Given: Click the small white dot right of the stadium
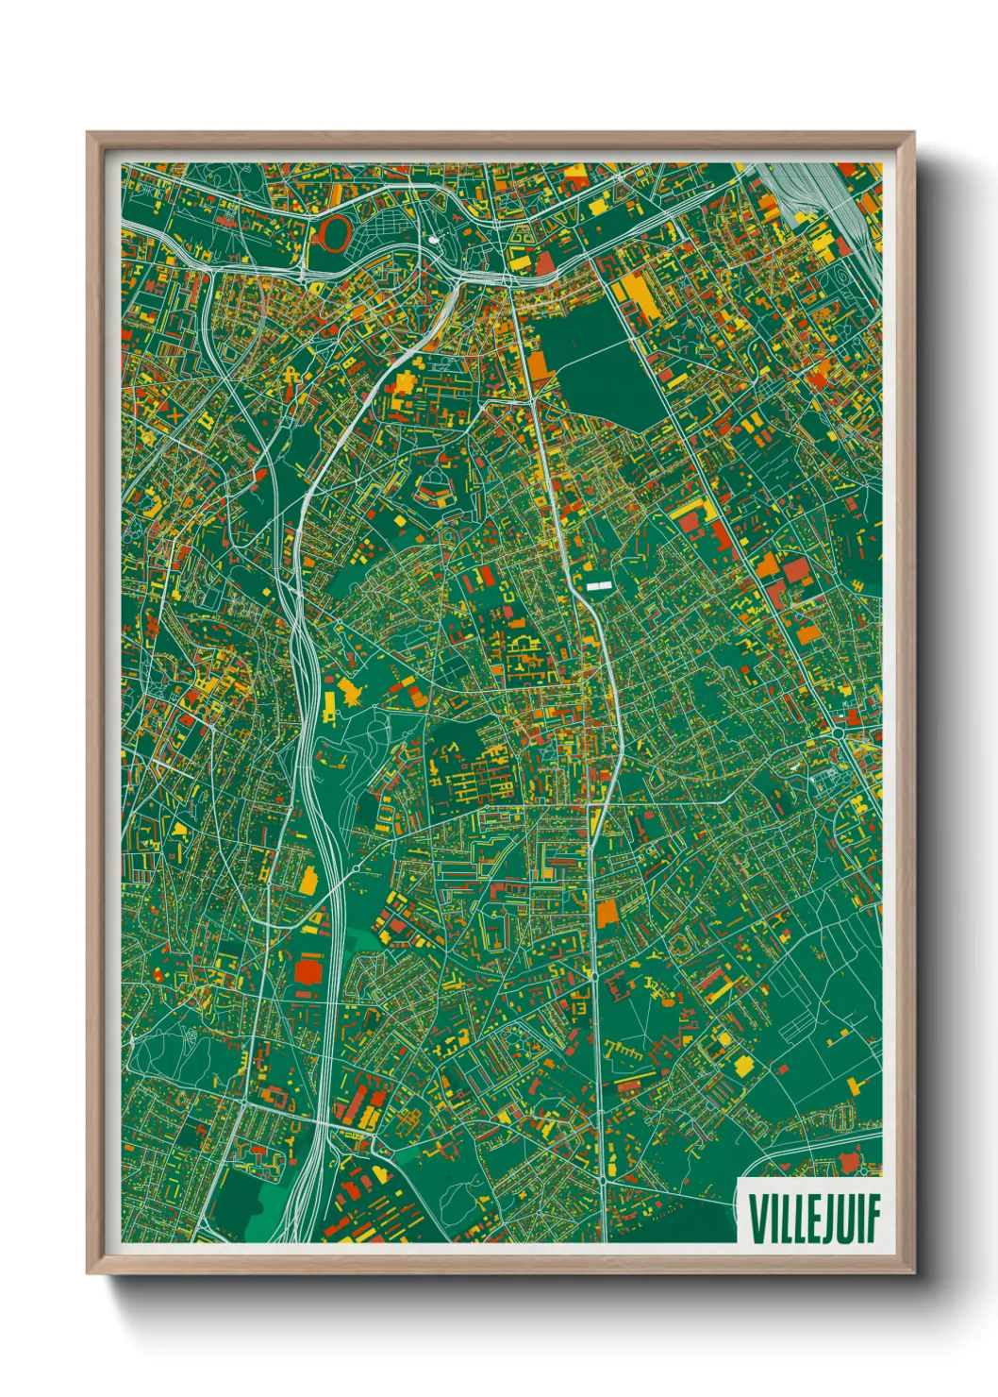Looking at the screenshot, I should point(433,240).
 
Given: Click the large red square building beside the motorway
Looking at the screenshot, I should point(308,972).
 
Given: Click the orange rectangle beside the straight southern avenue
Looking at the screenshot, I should point(607,912).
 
